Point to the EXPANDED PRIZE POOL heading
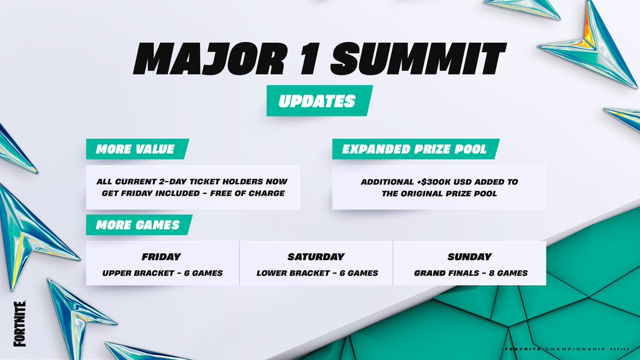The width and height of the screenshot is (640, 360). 415,149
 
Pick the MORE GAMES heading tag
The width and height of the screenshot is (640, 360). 138,225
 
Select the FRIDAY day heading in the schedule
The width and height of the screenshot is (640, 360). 162,257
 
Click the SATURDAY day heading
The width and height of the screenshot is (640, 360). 316,257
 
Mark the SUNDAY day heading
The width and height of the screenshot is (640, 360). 470,257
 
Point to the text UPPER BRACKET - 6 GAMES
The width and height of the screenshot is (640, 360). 163,273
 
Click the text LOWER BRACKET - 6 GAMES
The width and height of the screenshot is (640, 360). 317,273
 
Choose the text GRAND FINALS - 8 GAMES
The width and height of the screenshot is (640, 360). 470,273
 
